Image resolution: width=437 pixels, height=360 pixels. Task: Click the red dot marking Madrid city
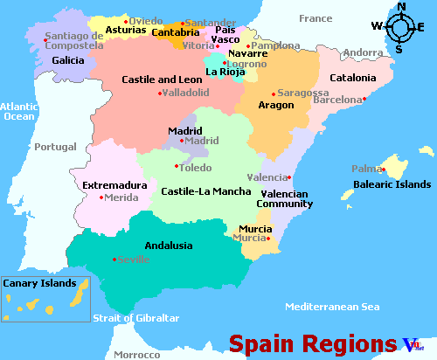pos(182,141)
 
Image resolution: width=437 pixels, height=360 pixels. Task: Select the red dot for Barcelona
pos(364,100)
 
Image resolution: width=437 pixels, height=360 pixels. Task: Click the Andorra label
pos(363,53)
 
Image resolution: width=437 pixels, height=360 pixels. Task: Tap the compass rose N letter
pos(402,8)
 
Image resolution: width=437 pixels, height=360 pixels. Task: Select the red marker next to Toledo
pos(177,166)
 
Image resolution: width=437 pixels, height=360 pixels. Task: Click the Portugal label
pos(56,147)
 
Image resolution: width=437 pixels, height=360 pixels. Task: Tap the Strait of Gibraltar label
pos(136,318)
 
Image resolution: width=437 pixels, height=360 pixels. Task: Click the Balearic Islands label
pos(392,184)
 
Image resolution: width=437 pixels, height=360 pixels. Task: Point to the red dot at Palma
pos(381,169)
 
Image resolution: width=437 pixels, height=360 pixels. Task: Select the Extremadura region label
pos(114,185)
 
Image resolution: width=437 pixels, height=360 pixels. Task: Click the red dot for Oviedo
pos(126,20)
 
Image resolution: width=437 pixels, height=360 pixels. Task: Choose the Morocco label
pos(137,355)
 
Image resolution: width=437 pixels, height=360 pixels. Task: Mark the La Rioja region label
pos(225,72)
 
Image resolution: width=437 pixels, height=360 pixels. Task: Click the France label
pos(316,18)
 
